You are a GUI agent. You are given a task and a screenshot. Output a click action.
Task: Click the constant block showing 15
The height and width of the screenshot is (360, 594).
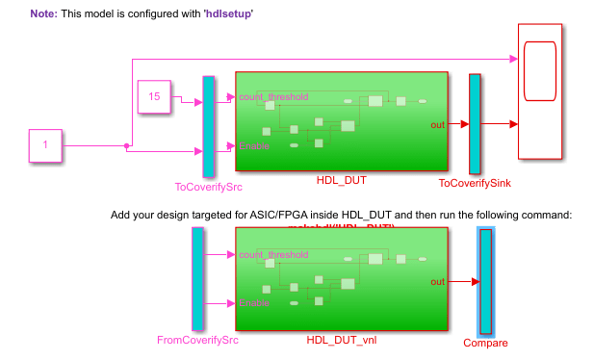click(154, 97)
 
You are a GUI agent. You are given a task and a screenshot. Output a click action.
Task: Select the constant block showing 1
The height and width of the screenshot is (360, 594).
click(44, 146)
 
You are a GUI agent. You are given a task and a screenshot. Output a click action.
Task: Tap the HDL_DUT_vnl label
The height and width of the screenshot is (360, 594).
click(341, 340)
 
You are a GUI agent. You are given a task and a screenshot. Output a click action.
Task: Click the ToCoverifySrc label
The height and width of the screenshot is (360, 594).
click(208, 187)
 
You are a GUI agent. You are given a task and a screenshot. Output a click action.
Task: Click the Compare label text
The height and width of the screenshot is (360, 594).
click(485, 343)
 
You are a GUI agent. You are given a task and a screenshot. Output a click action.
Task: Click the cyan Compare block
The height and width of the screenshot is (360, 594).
click(485, 281)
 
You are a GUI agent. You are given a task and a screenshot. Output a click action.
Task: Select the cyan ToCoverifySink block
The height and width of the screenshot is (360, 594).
click(474, 124)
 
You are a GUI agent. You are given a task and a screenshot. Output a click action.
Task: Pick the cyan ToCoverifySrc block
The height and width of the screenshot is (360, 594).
click(208, 126)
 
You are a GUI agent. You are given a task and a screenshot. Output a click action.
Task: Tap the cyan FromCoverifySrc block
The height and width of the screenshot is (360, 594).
click(197, 279)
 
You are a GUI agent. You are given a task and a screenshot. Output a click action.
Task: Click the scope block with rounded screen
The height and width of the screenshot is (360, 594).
click(541, 91)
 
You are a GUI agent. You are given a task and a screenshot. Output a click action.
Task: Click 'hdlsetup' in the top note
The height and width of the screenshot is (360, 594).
click(229, 15)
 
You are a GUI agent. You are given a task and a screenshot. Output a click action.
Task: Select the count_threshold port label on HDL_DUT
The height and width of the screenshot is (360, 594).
click(273, 97)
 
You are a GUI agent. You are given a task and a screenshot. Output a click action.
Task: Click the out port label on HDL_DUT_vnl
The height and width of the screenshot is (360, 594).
click(437, 281)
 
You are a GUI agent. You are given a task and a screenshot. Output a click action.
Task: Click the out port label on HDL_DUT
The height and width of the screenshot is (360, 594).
click(437, 124)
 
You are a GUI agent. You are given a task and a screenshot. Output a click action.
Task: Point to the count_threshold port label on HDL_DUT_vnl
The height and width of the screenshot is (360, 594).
click(273, 255)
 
